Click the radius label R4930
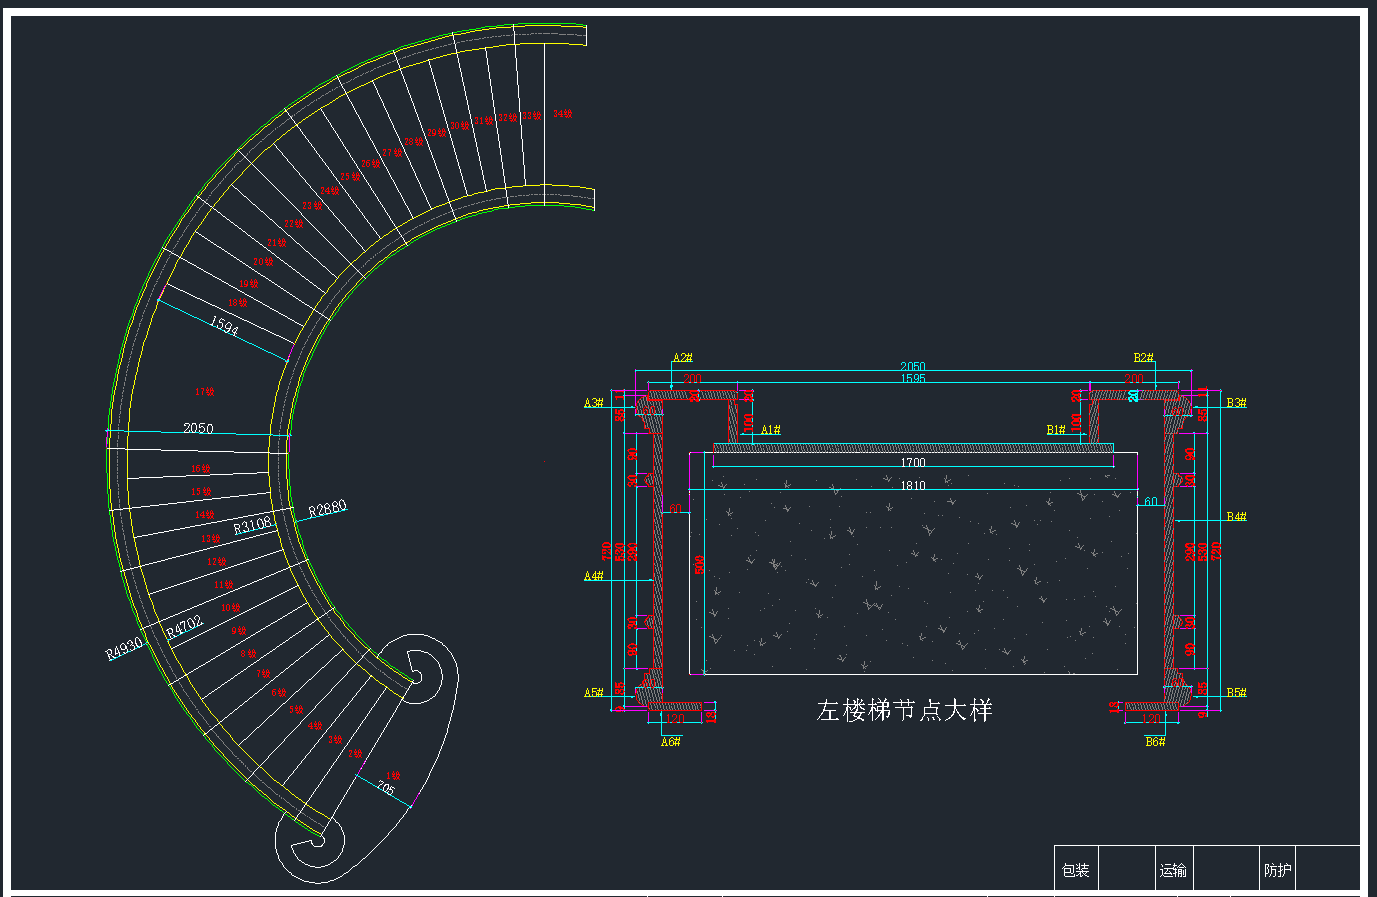coord(125,649)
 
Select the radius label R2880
coord(327,509)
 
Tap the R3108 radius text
coord(252,525)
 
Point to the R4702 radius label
coord(185,627)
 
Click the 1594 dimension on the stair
coord(224,326)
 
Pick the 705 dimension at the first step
coord(386,789)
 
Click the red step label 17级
coord(204,392)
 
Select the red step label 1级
coord(392,776)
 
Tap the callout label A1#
coord(770,430)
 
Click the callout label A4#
coord(594,576)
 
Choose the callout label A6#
coord(671,741)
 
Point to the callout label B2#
coord(1144,358)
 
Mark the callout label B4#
coord(1236,517)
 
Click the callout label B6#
coord(1155,741)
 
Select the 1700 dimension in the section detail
coord(913,463)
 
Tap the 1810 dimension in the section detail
coord(913,486)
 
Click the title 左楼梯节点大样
coord(904,711)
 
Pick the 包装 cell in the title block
coord(1076,870)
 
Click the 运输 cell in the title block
coord(1173,870)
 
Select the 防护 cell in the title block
coord(1278,870)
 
